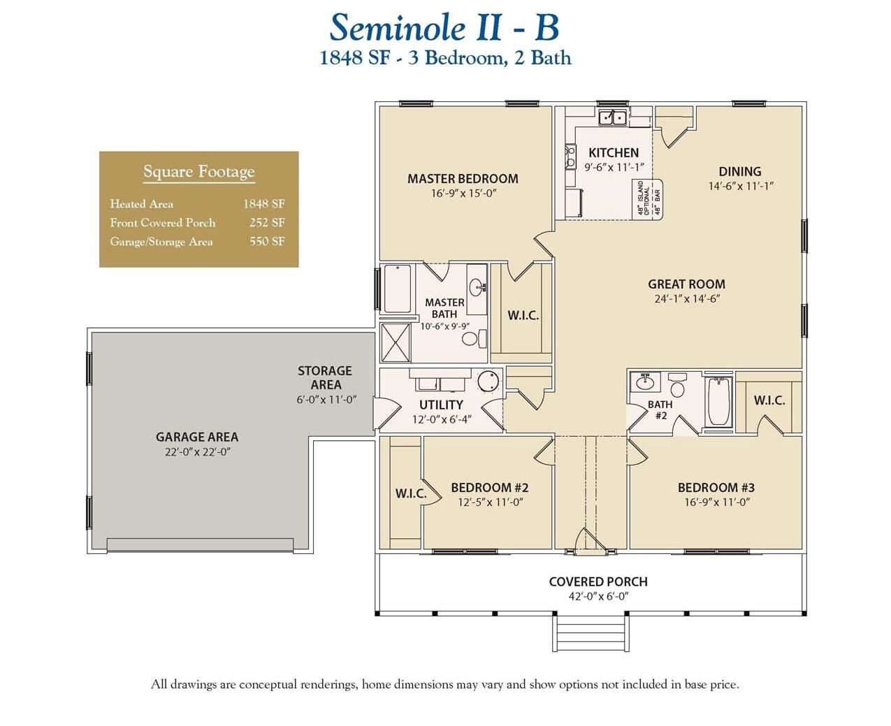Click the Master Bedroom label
[463, 179]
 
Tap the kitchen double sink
[612, 117]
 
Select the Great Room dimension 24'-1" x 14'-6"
[686, 298]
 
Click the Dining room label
[739, 171]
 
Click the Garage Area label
[196, 437]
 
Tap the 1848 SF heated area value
[263, 204]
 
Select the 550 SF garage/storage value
[267, 242]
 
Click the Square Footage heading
[198, 172]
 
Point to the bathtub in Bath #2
[718, 402]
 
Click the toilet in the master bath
[470, 340]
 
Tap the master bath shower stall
[396, 343]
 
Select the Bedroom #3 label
[716, 488]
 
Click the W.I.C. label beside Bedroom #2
[410, 493]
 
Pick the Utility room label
[441, 405]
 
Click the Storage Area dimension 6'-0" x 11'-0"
[326, 400]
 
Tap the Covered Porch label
[597, 581]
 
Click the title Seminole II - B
[444, 29]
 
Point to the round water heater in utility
[488, 382]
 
